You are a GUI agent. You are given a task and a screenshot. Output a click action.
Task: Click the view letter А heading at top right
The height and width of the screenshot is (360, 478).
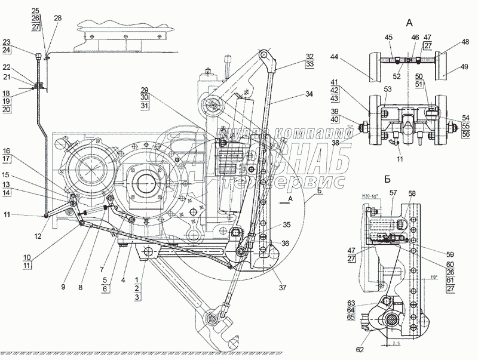[x=409, y=23]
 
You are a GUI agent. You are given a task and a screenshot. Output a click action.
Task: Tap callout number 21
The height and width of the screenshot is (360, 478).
[x=6, y=78]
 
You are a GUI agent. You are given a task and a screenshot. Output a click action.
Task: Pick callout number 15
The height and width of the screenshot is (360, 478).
[x=6, y=174]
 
